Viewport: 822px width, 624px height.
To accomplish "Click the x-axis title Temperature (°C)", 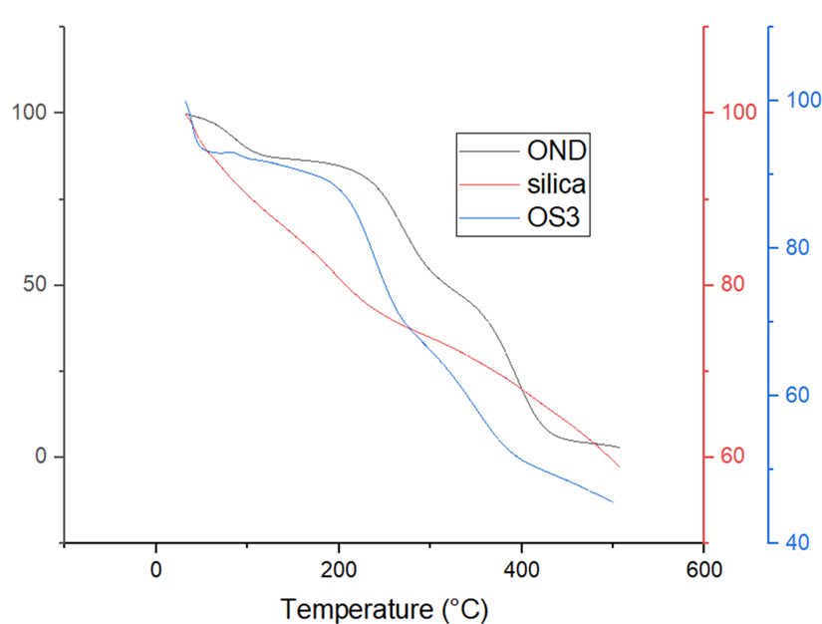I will click(x=385, y=605).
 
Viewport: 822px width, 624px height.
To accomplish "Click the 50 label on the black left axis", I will click(x=36, y=285).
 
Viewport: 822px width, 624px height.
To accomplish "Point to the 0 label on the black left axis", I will click(x=42, y=458).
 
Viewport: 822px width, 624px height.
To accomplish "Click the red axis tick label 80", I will click(x=726, y=284).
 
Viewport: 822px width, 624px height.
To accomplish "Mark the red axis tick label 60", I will click(x=726, y=458).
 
